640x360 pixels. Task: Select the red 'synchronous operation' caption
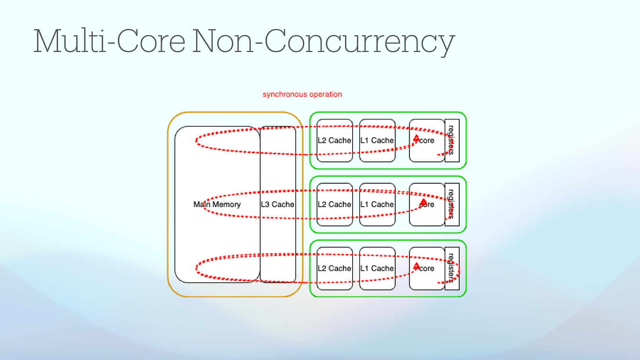pyautogui.click(x=302, y=95)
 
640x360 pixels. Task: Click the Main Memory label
pyautogui.click(x=217, y=204)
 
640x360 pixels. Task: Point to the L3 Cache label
pyautogui.click(x=277, y=204)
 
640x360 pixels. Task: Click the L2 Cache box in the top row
pyautogui.click(x=335, y=141)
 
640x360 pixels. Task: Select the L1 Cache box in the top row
pyautogui.click(x=377, y=141)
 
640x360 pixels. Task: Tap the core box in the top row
pyautogui.click(x=427, y=141)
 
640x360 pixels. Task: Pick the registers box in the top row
pyautogui.click(x=452, y=141)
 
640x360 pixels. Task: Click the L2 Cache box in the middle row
pyautogui.click(x=335, y=204)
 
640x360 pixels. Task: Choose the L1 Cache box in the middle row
pyautogui.click(x=377, y=204)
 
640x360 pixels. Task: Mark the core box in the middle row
pyautogui.click(x=427, y=204)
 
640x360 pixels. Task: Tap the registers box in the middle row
pyautogui.click(x=452, y=204)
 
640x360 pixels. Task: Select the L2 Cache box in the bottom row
pyautogui.click(x=335, y=269)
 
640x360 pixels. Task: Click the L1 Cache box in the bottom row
pyautogui.click(x=377, y=269)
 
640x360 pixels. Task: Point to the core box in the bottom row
pyautogui.click(x=427, y=269)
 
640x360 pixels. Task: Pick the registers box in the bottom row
pyautogui.click(x=452, y=269)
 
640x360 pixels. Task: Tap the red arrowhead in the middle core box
pyautogui.click(x=423, y=201)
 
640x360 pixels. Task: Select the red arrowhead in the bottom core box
pyautogui.click(x=416, y=266)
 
